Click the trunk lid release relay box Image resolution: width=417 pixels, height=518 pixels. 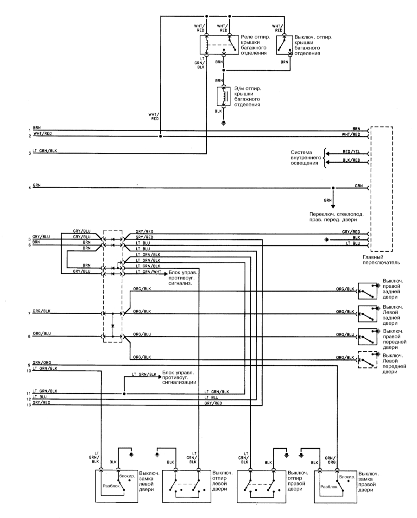pyautogui.click(x=219, y=44)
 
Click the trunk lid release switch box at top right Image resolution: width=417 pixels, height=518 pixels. pyautogui.click(x=284, y=44)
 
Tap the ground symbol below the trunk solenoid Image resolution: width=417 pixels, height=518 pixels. pyautogui.click(x=224, y=123)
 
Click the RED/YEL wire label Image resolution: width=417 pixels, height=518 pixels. pyautogui.click(x=351, y=152)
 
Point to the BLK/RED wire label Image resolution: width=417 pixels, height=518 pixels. pyautogui.click(x=351, y=160)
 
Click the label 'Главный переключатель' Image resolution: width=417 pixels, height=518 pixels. pyautogui.click(x=381, y=259)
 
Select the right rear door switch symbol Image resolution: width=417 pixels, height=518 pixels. pyautogui.click(x=368, y=291)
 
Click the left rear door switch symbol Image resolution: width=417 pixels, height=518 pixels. pyautogui.click(x=368, y=314)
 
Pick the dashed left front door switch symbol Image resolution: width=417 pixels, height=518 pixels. pyautogui.click(x=368, y=360)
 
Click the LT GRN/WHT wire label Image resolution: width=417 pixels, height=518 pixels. pyautogui.click(x=148, y=272)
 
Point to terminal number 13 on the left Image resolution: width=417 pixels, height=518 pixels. pyautogui.click(x=29, y=405)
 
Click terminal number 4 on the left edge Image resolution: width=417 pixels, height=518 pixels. pyautogui.click(x=29, y=188)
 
